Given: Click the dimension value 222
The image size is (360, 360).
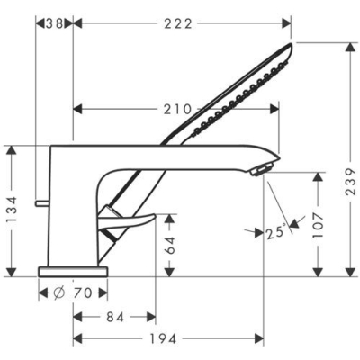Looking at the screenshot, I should point(179,23).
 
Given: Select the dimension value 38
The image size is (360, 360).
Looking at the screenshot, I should point(57,23).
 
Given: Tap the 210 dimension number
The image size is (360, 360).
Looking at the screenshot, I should point(176,110).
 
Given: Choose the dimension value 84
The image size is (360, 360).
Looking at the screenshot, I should point(113,316).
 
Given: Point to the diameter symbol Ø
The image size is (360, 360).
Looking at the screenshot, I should point(57,292).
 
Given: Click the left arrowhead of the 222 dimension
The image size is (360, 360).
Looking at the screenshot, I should point(76,23).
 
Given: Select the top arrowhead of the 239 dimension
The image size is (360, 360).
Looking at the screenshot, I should point(348,47).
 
